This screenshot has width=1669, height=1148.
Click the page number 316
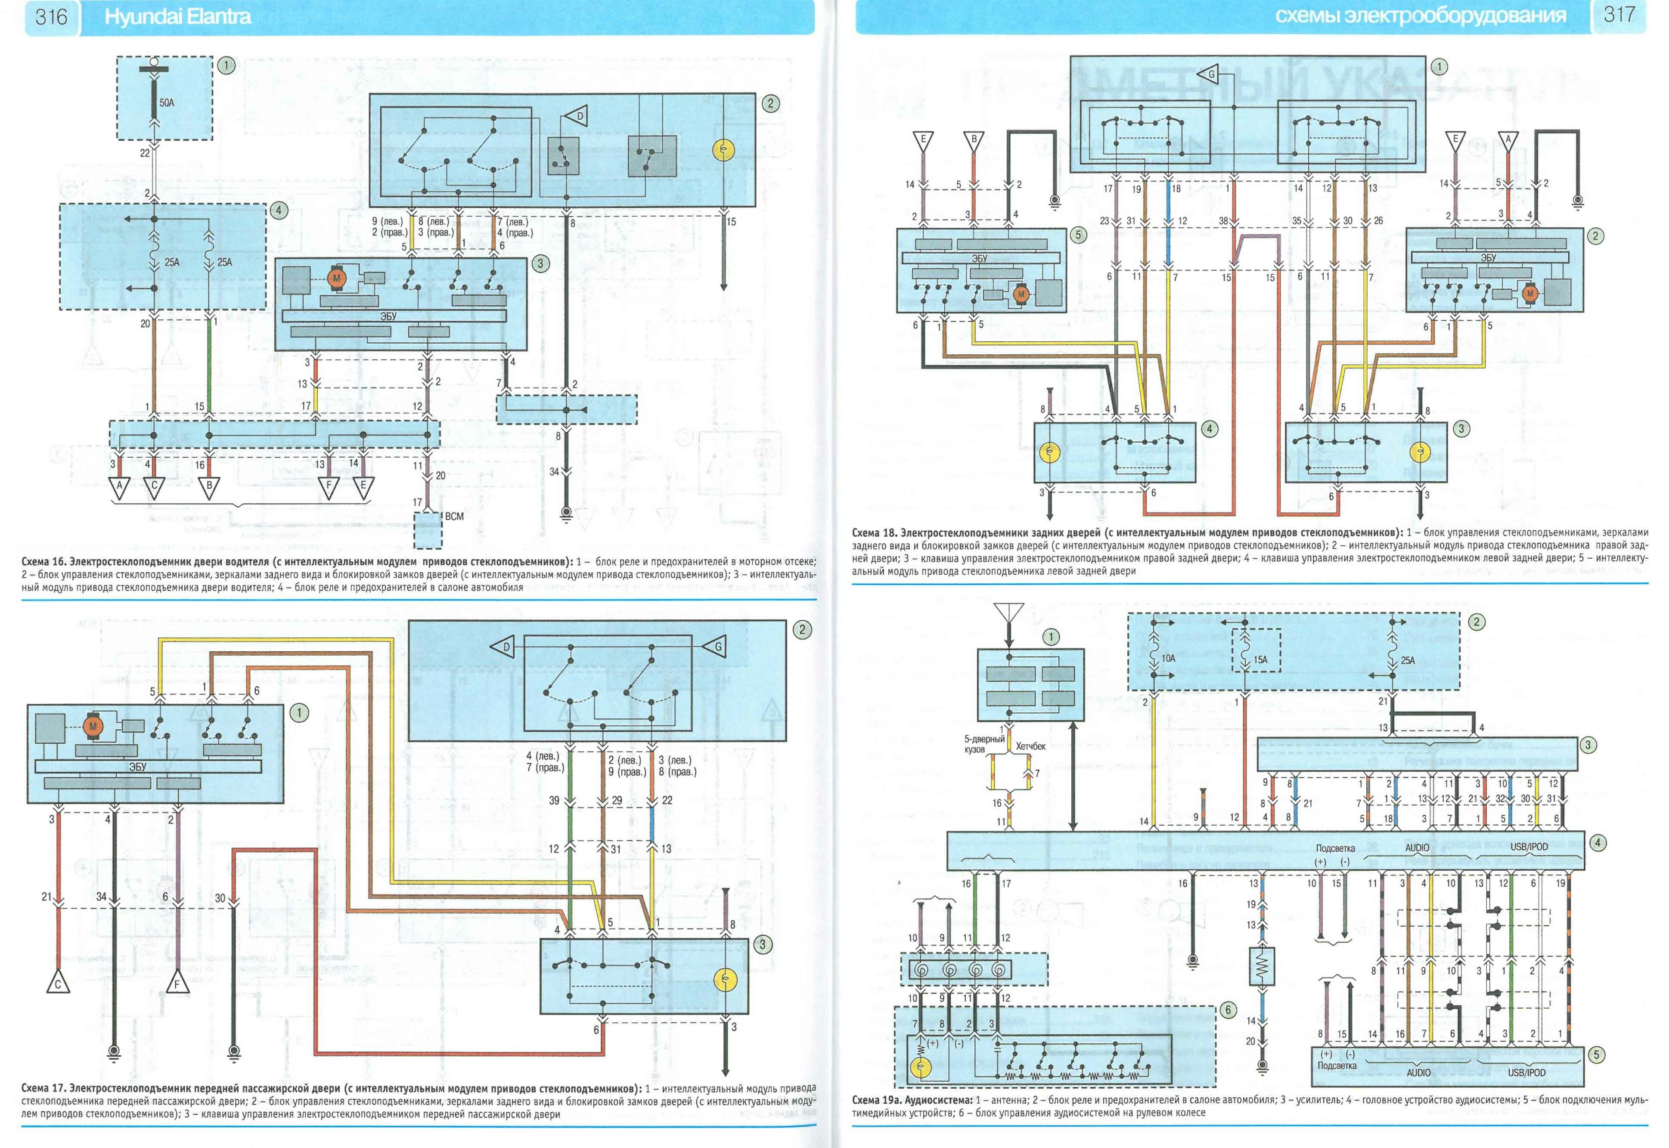coord(51,16)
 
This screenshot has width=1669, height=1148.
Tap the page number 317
coord(1619,14)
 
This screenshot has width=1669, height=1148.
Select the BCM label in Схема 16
coord(454,517)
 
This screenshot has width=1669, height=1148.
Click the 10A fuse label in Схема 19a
coord(1168,658)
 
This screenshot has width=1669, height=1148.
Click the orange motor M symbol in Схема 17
coord(93,727)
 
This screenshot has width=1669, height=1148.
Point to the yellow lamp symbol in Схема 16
coord(723,150)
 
